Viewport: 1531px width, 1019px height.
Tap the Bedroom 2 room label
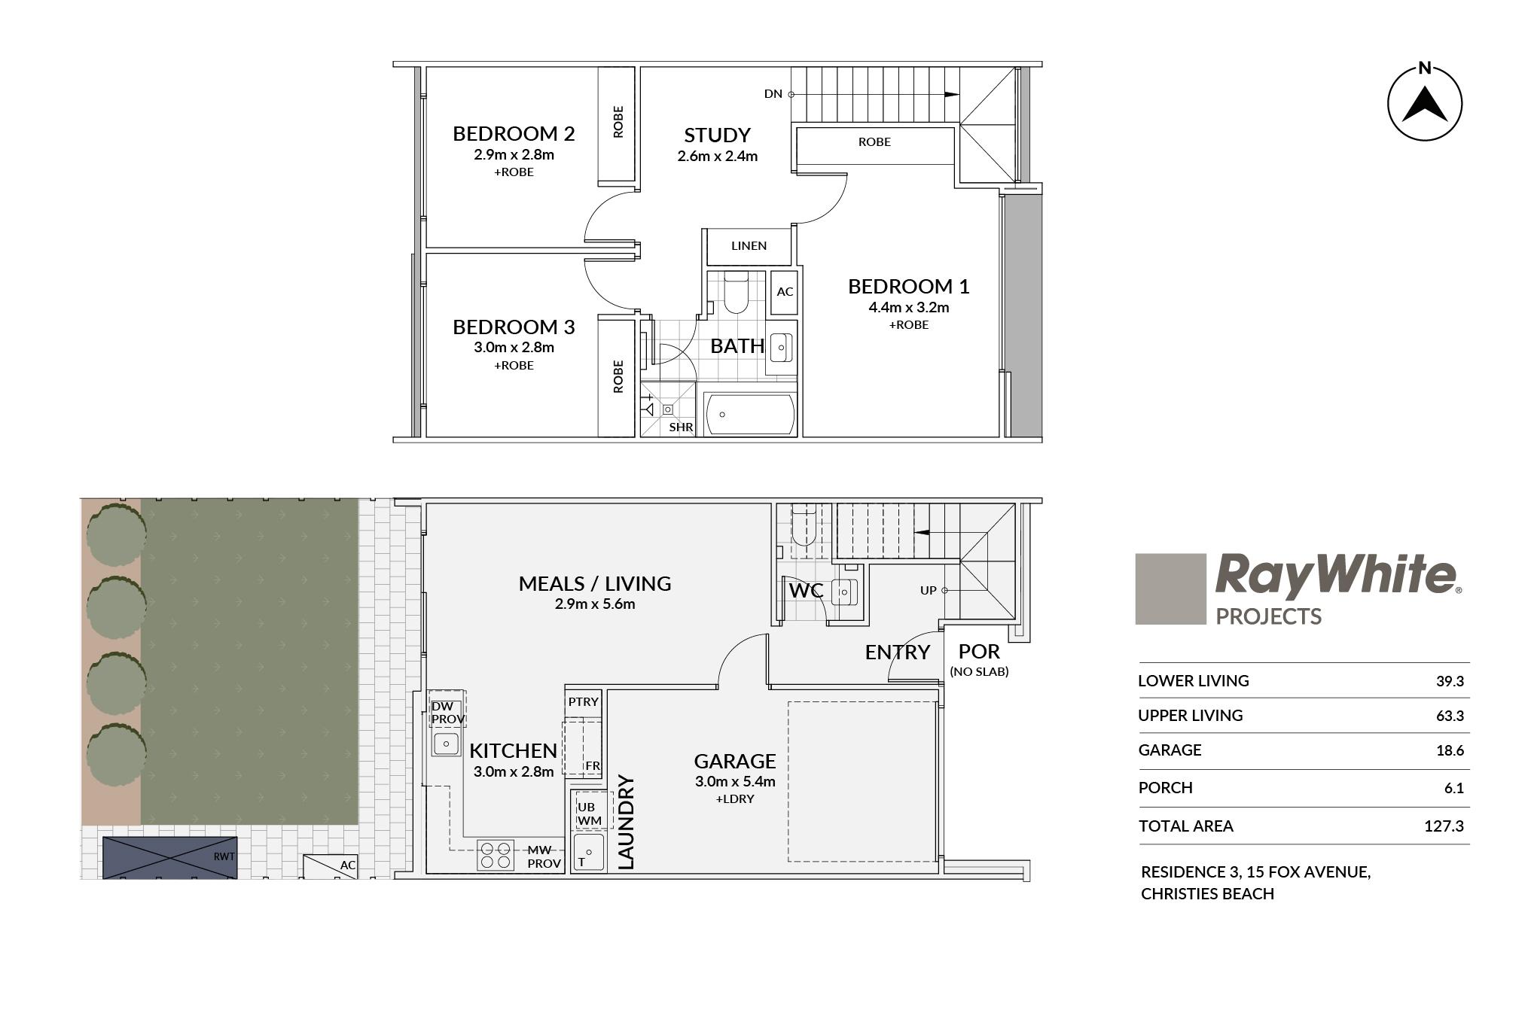coord(514,134)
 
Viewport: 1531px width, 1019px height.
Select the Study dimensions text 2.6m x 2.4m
coord(717,157)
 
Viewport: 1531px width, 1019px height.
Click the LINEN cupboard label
coord(749,245)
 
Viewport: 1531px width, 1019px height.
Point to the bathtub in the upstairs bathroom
coord(749,414)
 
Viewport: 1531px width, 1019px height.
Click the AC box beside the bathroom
coord(785,291)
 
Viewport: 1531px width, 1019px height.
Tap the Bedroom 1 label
coord(908,287)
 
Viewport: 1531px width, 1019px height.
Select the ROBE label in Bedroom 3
coord(618,376)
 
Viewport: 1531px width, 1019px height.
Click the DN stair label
coord(773,94)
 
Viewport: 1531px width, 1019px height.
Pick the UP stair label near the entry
coord(928,591)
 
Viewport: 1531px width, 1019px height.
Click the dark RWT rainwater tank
coord(169,857)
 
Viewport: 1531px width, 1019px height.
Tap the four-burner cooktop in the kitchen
coord(496,855)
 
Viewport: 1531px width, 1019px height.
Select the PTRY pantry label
coord(584,701)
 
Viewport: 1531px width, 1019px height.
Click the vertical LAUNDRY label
coord(626,823)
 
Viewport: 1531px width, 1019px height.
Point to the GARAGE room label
coord(735,762)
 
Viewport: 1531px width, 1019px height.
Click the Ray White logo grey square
coord(1170,589)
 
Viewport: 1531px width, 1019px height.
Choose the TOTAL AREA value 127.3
coord(1444,826)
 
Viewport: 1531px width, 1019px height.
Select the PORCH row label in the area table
coord(1166,788)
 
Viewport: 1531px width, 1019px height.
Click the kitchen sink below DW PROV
coord(446,744)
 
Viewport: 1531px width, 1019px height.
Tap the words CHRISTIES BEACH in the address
coord(1208,894)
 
